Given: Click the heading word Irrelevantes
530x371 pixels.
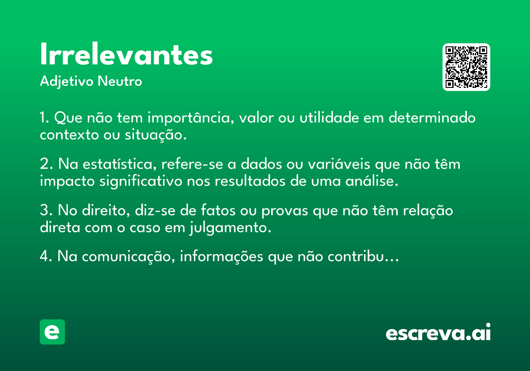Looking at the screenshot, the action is pos(126,53).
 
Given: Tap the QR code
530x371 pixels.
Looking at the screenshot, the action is pos(466,67).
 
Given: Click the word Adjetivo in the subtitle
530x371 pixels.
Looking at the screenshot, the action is pos(67,82).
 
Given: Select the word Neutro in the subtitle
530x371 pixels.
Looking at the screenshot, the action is pos(120,81).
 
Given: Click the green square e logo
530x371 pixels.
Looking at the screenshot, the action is pos(52,332).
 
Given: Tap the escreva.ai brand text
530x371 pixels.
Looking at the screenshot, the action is pos(438,332).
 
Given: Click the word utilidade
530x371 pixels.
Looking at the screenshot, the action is pos(329,117).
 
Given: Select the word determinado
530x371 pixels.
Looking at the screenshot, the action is pos(432,117).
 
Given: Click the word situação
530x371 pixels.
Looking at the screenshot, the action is pos(155,135).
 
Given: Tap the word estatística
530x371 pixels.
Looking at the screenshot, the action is pos(120,164).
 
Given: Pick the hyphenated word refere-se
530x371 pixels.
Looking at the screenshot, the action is pos(192,164).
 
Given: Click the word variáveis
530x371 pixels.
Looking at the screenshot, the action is pos(339,164).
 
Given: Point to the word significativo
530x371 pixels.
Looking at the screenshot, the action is pos(141,182).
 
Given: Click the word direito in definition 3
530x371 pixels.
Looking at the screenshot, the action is pos(106,210).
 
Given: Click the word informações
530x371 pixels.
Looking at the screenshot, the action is pos(221,257).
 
